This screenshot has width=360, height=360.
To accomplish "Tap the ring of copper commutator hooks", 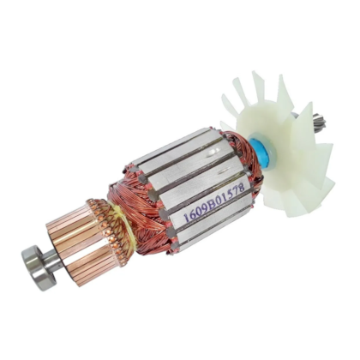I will pyautogui.click(x=102, y=219).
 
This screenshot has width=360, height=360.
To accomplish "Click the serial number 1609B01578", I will pyautogui.click(x=213, y=203).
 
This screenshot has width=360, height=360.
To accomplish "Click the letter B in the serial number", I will pyautogui.click(x=210, y=205).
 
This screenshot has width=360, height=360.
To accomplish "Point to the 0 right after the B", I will pyautogui.click(x=216, y=201).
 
